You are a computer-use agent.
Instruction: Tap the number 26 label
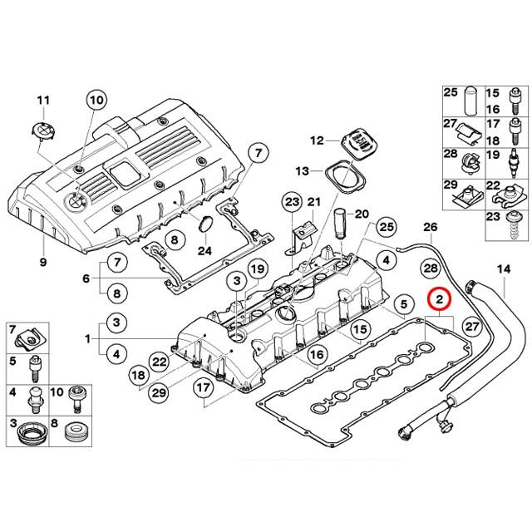[430, 227]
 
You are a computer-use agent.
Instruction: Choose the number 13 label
[302, 170]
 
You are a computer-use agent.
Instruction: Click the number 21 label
[313, 202]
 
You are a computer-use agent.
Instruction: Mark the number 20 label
[360, 214]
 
